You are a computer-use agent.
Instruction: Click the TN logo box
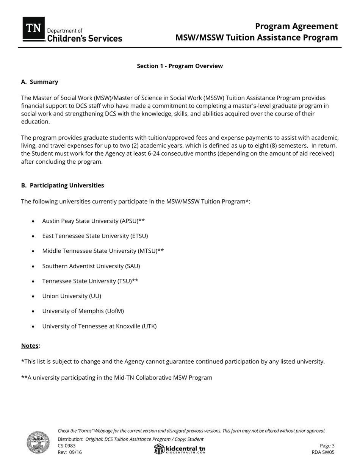34,28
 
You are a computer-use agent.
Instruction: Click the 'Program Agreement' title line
296,26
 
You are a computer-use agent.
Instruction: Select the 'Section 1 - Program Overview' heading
180,66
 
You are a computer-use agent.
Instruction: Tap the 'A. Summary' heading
40,82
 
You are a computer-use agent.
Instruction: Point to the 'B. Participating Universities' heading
63,185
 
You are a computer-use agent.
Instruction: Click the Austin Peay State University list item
93,221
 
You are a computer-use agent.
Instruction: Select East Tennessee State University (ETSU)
95,236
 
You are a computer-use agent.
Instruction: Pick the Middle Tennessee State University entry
103,251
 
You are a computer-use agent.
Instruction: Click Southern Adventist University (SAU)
91,266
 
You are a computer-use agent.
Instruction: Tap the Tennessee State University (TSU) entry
90,281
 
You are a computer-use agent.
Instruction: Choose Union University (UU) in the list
72,296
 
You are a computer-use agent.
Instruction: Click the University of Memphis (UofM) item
83,311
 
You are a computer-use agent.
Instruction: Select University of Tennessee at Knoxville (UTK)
99,326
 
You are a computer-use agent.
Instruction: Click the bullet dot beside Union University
33,296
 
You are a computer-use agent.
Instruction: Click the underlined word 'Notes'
30,346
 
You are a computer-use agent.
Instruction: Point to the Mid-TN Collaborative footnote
117,377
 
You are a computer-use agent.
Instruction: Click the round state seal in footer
38,442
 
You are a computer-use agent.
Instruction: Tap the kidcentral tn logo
180,449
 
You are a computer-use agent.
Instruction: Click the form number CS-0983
67,446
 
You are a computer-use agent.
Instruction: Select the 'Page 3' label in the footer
327,446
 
